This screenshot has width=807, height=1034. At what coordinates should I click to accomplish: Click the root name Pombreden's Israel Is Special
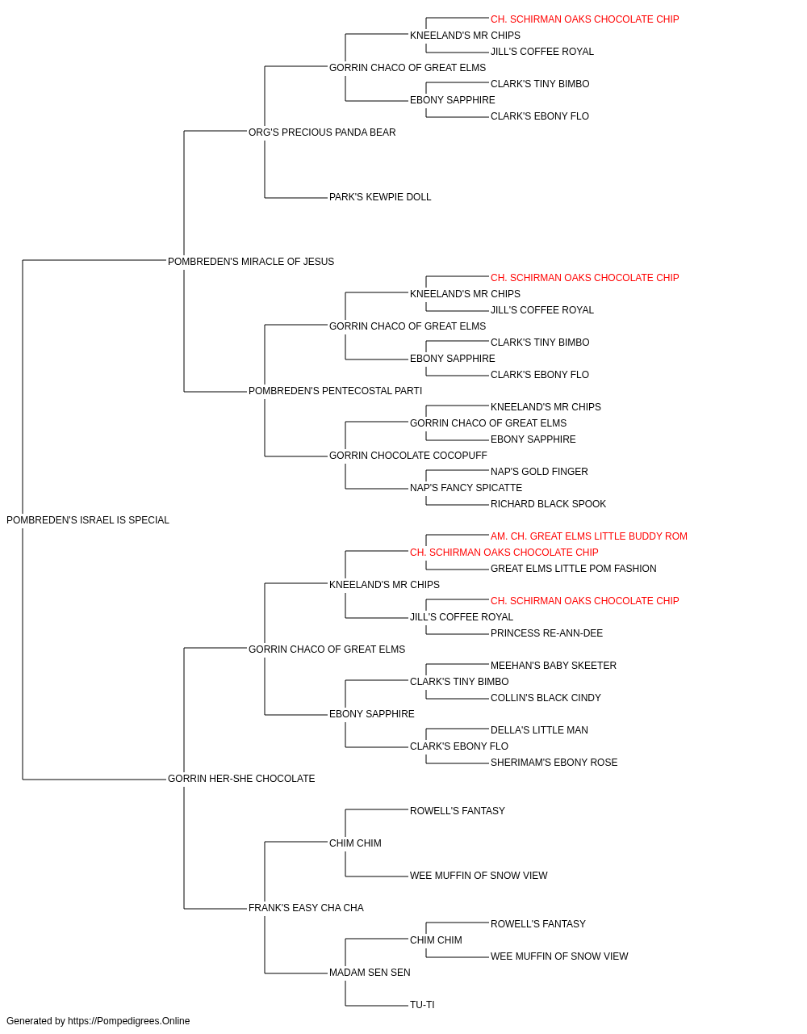pos(88,520)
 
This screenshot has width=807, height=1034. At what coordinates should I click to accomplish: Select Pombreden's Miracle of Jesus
pos(251,262)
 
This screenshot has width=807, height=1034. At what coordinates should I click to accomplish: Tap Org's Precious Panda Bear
pos(322,132)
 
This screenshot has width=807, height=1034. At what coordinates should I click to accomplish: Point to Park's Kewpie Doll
pos(380,197)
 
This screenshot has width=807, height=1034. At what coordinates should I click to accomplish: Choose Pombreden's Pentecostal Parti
pos(335,391)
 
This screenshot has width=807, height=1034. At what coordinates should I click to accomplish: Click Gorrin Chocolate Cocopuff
pos(408,456)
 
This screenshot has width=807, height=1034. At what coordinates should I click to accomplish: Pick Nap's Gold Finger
pos(539,472)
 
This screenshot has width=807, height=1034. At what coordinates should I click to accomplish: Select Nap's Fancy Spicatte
pos(466,488)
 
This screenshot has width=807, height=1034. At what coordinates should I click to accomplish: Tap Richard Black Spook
pos(549,504)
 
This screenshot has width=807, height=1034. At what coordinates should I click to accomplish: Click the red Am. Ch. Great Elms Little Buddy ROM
pos(589,536)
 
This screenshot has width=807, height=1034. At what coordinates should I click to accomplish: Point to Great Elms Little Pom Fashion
pos(574,569)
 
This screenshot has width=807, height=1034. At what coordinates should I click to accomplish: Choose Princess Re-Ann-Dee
pos(546,633)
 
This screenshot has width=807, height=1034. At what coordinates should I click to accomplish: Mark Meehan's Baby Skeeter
pos(554,666)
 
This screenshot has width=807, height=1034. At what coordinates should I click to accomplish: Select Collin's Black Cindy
pos(546,698)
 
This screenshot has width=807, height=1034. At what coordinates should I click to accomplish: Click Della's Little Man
pos(539,730)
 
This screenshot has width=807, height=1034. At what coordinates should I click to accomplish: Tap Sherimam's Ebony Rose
pos(554,763)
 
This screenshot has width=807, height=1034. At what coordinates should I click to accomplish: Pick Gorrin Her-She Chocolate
pos(241,779)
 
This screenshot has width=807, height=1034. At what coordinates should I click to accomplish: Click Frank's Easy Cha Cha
pos(306,908)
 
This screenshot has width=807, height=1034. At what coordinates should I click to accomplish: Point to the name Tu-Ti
pos(422,1005)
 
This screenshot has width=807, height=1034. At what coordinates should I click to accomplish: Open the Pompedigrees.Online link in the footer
pos(129,1021)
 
